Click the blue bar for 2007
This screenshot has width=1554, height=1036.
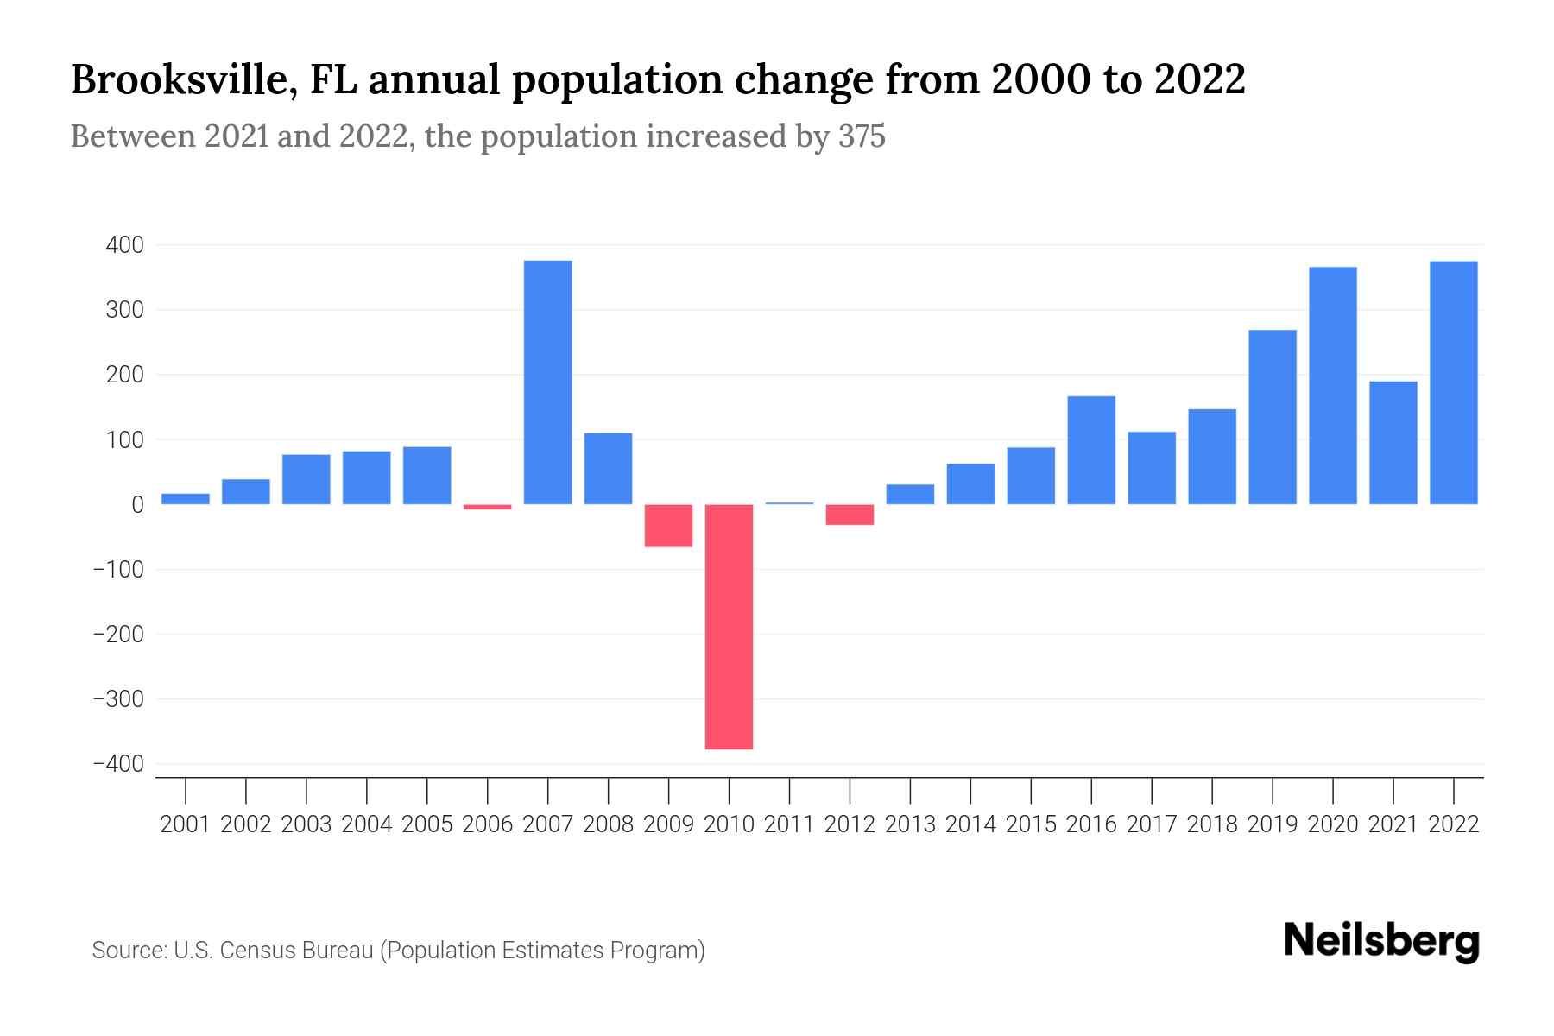click(547, 382)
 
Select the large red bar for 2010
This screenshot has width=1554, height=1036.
click(729, 626)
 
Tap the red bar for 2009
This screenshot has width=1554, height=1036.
click(668, 525)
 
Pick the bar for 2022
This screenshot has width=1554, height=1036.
click(1453, 382)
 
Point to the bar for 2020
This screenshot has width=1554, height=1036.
click(1332, 386)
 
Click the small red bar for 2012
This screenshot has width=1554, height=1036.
click(850, 515)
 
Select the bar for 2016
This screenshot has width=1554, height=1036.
click(1091, 450)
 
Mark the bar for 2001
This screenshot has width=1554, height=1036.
click(186, 499)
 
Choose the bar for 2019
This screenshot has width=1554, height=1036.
click(1272, 417)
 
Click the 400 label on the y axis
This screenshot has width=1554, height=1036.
click(124, 246)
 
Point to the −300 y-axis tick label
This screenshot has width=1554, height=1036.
click(118, 699)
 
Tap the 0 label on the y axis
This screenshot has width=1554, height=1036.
click(137, 505)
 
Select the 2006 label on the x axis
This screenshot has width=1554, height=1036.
click(487, 824)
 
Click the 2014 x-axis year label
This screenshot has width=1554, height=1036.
click(970, 824)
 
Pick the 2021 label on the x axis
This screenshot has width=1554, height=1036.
click(1393, 824)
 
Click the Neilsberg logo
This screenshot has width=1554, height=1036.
click(1380, 941)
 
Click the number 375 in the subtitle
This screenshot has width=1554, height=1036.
click(861, 136)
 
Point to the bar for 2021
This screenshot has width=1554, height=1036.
click(1393, 443)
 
